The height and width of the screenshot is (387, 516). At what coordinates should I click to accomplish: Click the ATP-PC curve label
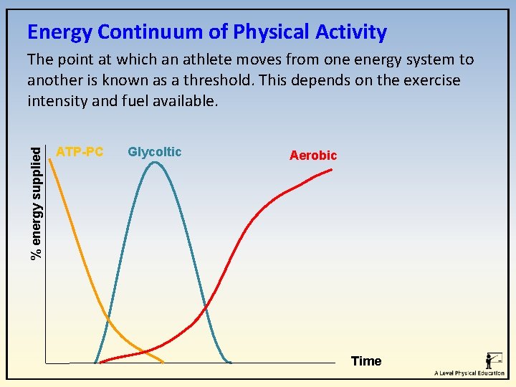point(80,152)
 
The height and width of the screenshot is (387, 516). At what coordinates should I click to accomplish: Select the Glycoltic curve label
point(154,152)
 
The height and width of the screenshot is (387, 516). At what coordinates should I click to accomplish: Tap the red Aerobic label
point(312,156)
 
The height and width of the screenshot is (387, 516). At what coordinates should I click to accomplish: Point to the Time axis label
point(366,361)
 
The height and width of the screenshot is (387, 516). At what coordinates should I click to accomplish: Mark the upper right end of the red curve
point(331,169)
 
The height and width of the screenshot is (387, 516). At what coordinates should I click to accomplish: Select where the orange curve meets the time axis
point(163,362)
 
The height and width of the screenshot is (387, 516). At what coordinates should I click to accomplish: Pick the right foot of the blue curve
point(229,362)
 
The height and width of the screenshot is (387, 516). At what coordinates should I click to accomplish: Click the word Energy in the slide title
point(59,32)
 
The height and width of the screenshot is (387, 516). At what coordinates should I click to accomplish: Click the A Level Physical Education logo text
point(469,373)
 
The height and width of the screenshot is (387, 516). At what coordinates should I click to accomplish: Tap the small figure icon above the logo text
point(492,360)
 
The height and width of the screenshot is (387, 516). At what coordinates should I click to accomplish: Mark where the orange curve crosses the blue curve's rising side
point(109,318)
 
